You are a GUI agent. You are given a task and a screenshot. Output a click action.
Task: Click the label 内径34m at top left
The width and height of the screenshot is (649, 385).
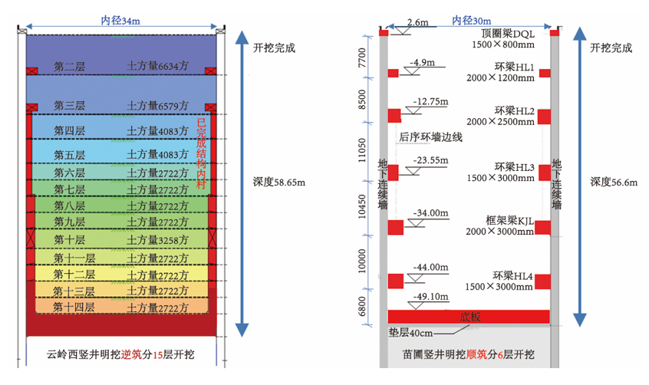tap(120, 20)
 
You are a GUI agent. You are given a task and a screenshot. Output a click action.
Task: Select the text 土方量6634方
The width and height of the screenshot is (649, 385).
tap(157, 66)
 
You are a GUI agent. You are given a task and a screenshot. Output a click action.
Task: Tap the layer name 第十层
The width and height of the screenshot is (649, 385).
tap(70, 240)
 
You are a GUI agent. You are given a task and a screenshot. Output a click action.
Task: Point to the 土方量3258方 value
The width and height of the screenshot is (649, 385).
tap(157, 240)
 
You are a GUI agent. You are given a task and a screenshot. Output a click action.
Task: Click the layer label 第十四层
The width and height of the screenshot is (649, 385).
tap(74, 308)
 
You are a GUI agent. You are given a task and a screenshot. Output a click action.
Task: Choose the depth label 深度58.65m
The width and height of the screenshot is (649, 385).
tap(279, 183)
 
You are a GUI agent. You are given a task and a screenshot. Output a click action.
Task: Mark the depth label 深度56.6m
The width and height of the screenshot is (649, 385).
tap(614, 183)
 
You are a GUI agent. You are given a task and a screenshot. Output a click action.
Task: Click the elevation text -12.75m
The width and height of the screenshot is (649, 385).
tap(430, 102)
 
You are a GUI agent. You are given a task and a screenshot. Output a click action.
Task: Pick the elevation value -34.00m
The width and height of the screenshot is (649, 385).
tap(430, 213)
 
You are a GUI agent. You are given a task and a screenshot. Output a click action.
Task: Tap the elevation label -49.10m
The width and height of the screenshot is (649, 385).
tap(430, 297)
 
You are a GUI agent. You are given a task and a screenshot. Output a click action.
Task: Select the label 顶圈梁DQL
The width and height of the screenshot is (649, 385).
tap(508, 34)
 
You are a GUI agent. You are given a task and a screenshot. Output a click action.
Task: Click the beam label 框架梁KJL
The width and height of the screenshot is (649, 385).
tap(510, 221)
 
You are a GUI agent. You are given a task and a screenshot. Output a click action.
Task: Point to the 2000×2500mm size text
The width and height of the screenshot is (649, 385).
tap(500, 122)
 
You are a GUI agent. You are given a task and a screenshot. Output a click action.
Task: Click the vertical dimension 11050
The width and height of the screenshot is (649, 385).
tap(362, 150)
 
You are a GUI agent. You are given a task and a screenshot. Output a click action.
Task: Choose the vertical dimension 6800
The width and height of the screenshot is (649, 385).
tap(362, 306)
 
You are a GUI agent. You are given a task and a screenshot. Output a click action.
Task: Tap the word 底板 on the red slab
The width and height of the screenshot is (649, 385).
tap(470, 317)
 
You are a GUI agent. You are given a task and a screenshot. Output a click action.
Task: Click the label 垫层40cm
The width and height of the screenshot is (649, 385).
tap(410, 333)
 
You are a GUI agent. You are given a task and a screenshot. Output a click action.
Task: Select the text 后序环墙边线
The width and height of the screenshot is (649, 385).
tap(431, 137)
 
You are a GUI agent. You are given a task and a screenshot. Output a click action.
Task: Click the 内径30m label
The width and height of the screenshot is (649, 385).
tap(472, 20)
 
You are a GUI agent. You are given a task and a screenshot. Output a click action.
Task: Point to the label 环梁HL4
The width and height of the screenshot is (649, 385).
tap(512, 276)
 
